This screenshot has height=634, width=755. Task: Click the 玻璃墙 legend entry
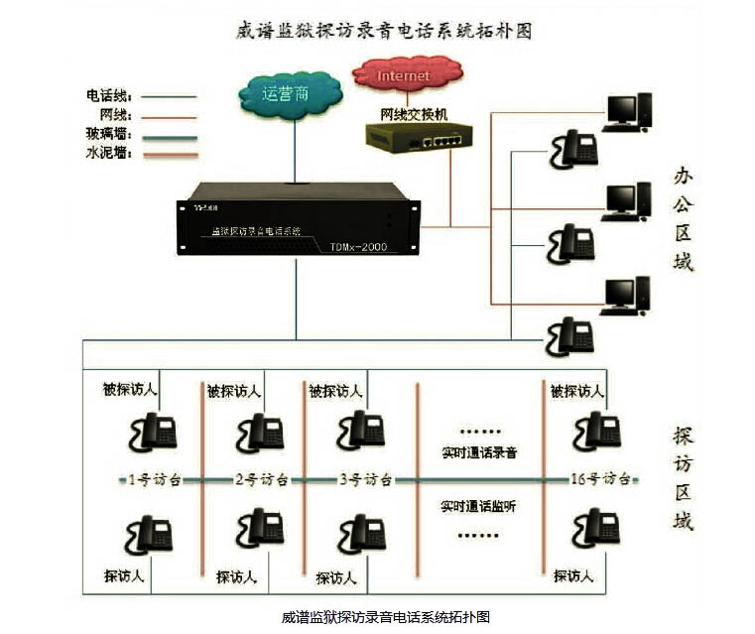click(109, 135)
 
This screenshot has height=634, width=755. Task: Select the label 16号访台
click(601, 480)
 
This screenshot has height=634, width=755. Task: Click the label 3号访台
click(363, 480)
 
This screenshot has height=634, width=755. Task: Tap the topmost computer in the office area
click(627, 111)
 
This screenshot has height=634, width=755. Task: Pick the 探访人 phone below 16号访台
click(598, 529)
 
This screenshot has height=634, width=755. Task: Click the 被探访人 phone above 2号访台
click(261, 431)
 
